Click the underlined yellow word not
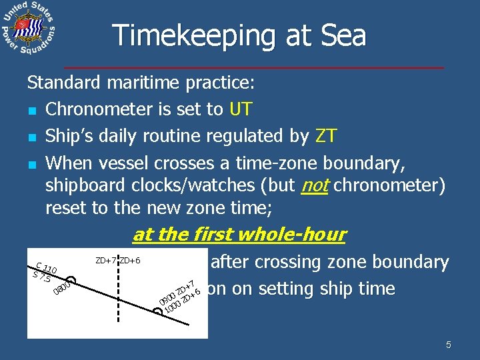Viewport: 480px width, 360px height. [x=315, y=185]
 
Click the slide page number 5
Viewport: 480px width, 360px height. [x=449, y=345]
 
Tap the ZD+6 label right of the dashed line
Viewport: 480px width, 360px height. [x=129, y=259]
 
